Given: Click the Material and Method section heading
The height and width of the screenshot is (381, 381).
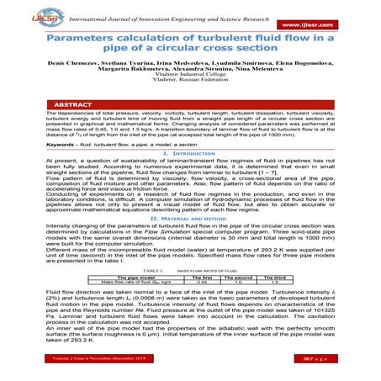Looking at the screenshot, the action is point(189,240).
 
